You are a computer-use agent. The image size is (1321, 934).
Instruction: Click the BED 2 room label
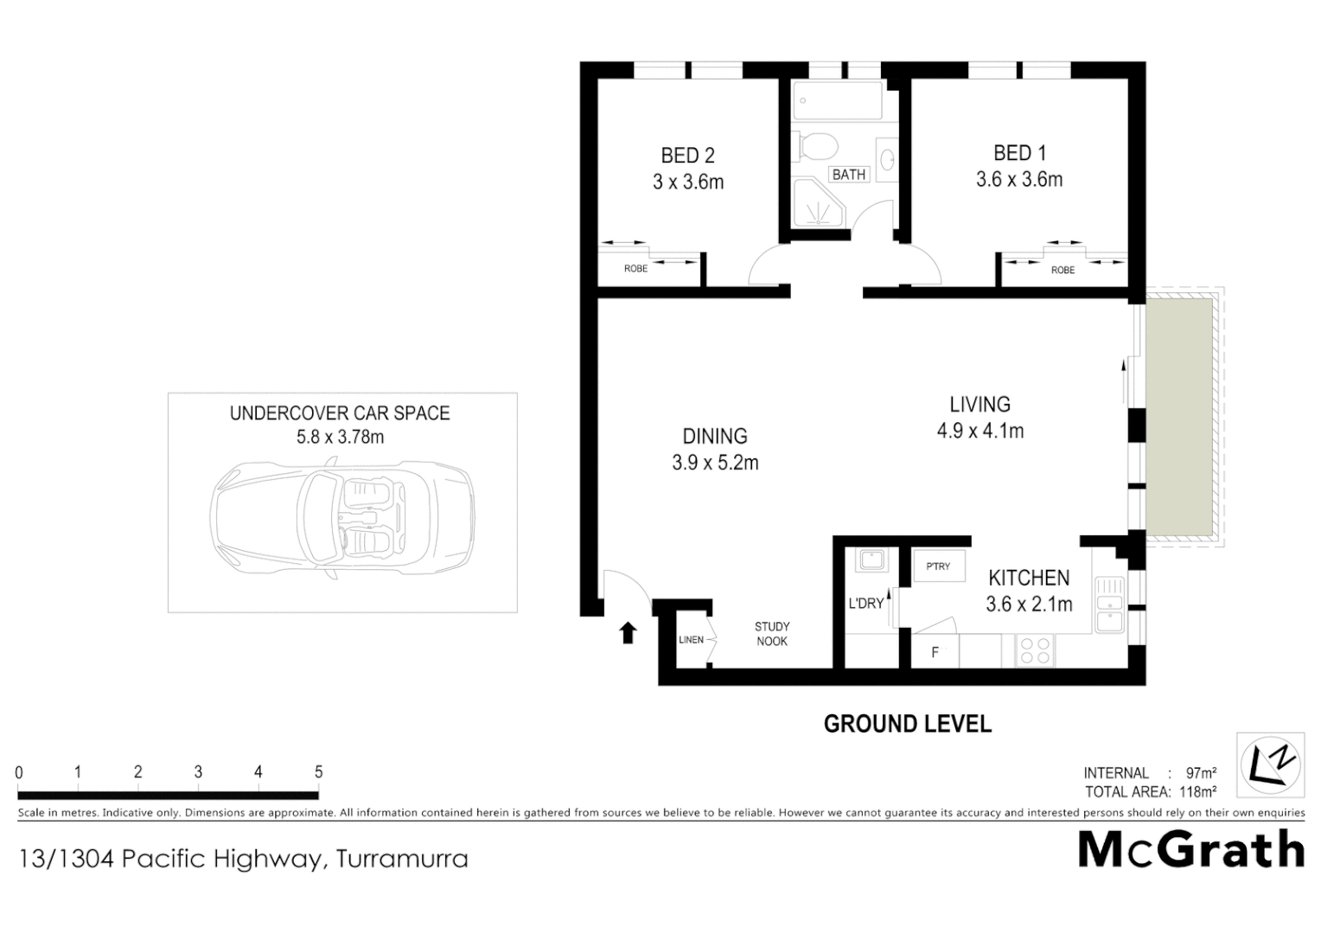[687, 156]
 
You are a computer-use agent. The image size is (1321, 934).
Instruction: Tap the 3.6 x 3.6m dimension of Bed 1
[1019, 180]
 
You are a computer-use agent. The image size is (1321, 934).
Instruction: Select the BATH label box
[848, 175]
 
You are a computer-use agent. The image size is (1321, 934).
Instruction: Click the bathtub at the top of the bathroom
[837, 101]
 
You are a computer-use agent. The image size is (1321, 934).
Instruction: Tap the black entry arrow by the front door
[629, 633]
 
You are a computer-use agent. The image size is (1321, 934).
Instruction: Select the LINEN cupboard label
[691, 640]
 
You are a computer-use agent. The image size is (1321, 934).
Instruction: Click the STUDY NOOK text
[772, 634]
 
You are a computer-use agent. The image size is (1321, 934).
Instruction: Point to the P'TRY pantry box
[938, 566]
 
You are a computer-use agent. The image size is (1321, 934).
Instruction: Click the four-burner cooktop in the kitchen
[1035, 650]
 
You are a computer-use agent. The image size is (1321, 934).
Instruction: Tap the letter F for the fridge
[935, 653]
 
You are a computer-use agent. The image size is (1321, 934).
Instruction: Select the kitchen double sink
[1108, 605]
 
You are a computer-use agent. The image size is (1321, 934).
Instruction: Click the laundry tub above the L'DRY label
[869, 561]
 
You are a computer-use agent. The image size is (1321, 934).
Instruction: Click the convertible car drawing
[342, 520]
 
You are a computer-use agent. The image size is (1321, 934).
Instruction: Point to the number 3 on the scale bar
[198, 772]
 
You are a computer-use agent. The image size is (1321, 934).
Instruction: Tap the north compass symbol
[1270, 764]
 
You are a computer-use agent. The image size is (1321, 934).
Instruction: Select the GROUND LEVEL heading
[907, 724]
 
